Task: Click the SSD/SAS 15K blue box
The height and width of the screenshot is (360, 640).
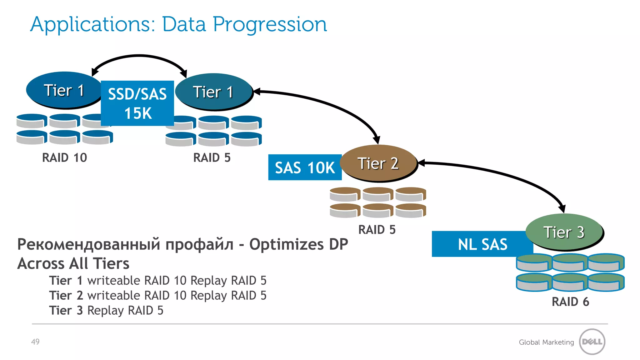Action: (137, 103)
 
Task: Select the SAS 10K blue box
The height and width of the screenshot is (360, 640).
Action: (305, 167)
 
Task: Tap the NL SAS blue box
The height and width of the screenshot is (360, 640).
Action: (482, 244)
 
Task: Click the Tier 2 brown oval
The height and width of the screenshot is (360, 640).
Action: (378, 163)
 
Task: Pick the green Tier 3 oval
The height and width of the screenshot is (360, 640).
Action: (564, 232)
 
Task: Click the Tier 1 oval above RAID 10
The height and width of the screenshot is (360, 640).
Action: (64, 90)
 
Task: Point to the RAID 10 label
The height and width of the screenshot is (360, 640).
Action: (64, 157)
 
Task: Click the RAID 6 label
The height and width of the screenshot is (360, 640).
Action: (570, 302)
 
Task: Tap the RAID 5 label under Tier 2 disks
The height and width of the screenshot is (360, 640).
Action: (377, 230)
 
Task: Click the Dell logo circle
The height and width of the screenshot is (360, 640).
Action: (592, 342)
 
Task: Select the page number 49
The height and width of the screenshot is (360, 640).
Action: (35, 342)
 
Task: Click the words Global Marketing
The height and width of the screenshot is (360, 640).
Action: (546, 342)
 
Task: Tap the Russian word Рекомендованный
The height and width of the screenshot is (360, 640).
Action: (89, 244)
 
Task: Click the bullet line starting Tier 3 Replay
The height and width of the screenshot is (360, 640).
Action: (106, 310)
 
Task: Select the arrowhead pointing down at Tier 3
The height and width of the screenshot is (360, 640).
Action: (562, 208)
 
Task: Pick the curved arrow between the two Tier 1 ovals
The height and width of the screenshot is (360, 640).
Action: (139, 56)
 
